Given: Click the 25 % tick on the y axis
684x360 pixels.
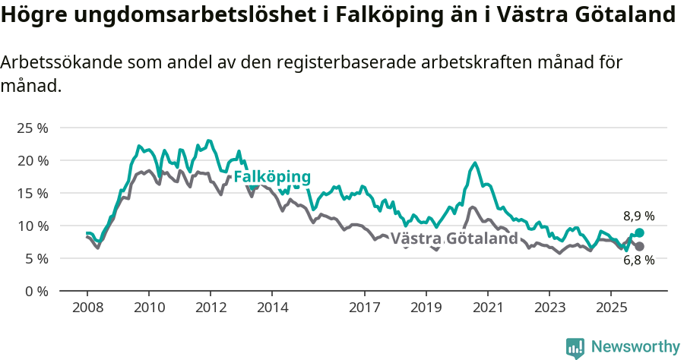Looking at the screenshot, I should tap(32, 128).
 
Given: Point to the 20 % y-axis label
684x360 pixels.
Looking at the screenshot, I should tap(32, 160).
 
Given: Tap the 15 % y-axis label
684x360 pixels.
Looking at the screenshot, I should tap(32, 193).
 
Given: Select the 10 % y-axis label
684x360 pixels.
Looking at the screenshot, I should tap(32, 226).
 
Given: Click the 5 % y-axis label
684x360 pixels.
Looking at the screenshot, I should tap(35, 258).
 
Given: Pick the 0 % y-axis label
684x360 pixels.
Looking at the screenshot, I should tap(35, 291).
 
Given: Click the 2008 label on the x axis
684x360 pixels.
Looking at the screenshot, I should tap(87, 308).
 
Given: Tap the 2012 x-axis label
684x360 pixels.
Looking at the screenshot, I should tap(211, 308).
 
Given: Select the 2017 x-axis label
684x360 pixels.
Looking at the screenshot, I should tap(364, 308).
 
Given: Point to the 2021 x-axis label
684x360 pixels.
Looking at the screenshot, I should tap(487, 308).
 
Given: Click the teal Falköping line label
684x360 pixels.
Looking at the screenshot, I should tap(272, 177).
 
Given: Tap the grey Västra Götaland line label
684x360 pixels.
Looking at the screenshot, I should tap(454, 239).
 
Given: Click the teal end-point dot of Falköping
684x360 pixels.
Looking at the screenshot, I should tap(639, 233).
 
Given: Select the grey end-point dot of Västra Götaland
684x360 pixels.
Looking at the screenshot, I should tap(639, 247).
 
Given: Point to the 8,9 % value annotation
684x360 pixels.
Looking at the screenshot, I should tap(638, 216).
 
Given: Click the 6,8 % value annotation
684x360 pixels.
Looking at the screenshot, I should tap(638, 261).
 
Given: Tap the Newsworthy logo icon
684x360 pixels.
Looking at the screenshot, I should tap(575, 347).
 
